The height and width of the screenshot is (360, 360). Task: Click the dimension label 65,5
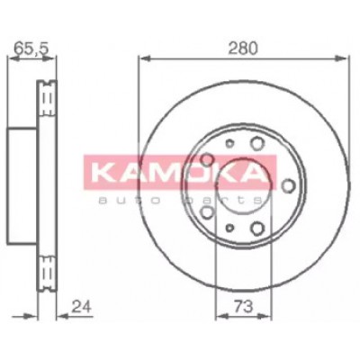click(31, 49)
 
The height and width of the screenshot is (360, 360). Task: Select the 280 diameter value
click(243, 49)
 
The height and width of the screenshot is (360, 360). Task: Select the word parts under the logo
click(225, 200)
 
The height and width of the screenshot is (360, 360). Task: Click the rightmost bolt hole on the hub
click(289, 186)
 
